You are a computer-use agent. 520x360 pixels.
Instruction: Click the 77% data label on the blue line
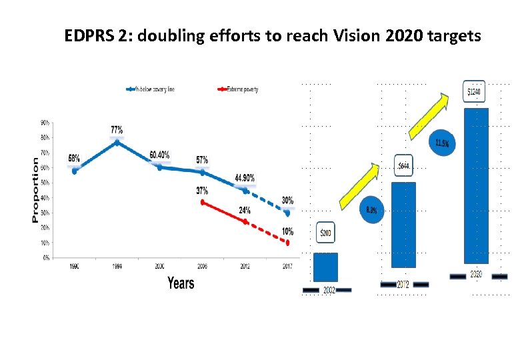tap(116, 129)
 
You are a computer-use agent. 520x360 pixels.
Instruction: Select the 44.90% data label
tap(245, 178)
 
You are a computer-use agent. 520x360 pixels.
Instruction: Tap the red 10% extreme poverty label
tap(288, 231)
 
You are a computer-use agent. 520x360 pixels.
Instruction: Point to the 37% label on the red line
tap(202, 191)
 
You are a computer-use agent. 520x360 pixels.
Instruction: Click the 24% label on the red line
tap(245, 210)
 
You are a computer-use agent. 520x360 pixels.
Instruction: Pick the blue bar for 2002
tap(325, 267)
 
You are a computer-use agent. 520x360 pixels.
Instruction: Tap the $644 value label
tap(405, 166)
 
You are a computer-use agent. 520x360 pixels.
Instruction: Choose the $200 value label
tap(325, 233)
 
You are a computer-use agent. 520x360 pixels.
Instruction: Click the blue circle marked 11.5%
tap(441, 143)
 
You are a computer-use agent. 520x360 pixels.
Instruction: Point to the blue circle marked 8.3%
tap(372, 210)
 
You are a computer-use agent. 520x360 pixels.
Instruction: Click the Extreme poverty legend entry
tap(239, 89)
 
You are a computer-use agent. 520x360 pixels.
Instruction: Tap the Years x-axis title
tap(181, 283)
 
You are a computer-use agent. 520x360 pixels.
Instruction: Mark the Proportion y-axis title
tap(35, 190)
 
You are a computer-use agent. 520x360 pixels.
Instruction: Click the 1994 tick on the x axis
tap(117, 266)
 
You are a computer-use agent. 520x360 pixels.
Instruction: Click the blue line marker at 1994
tap(117, 142)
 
